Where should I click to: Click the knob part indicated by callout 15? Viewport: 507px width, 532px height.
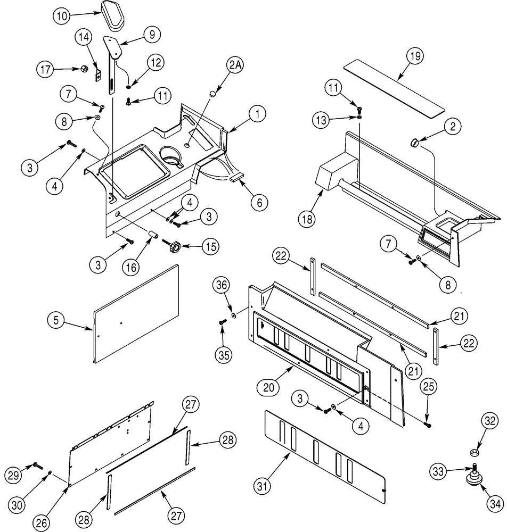(175, 247)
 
